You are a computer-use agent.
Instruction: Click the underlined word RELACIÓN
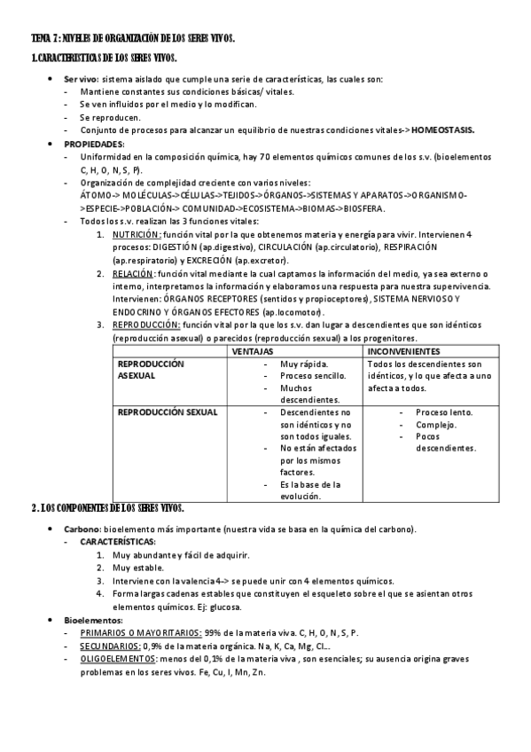(132, 274)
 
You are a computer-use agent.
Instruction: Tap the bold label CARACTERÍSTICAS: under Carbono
(118, 541)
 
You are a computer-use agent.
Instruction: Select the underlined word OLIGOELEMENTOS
(120, 659)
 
